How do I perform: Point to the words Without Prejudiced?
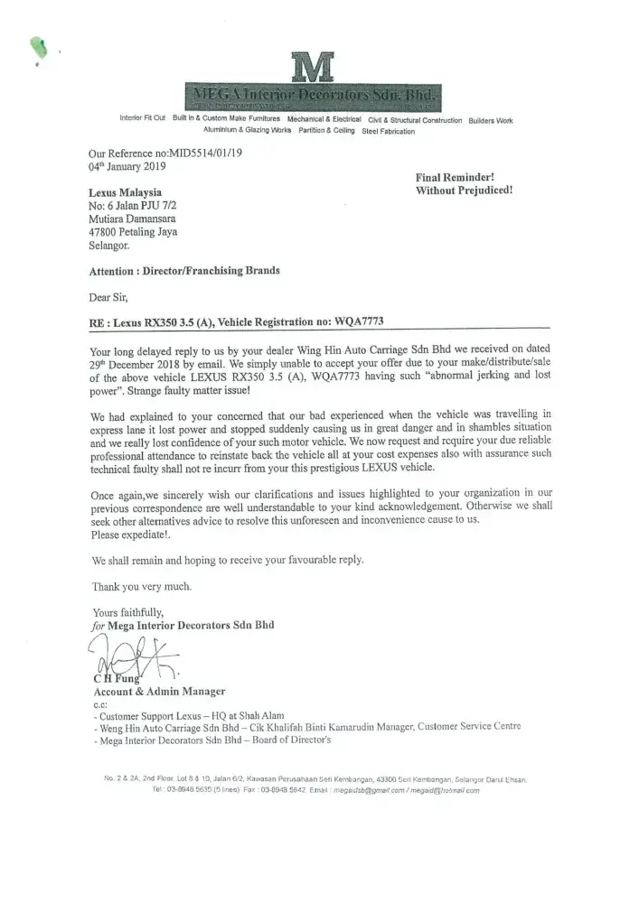click(464, 191)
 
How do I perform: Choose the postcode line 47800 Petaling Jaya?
click(132, 231)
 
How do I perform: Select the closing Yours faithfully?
click(128, 612)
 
